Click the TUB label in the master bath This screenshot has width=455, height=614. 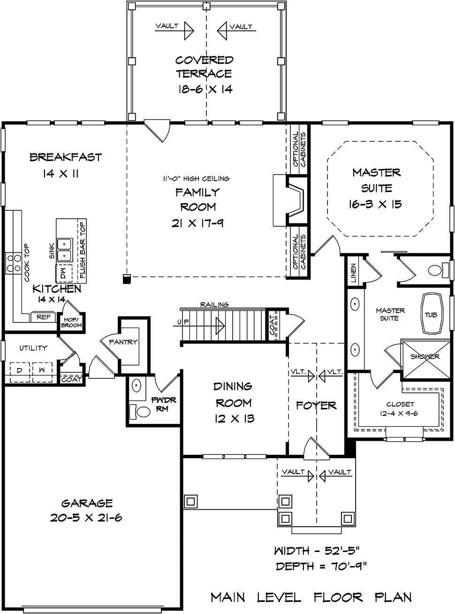click(431, 315)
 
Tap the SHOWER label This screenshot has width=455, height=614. click(425, 357)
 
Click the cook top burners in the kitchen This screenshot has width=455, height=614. click(14, 263)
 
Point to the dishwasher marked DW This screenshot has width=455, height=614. click(64, 274)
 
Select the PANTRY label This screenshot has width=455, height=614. click(123, 342)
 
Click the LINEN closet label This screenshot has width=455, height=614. click(354, 272)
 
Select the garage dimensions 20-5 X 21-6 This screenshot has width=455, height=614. click(86, 518)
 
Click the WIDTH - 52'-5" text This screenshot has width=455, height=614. click(316, 551)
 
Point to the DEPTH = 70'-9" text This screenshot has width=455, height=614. click(321, 567)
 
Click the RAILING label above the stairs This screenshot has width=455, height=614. click(215, 305)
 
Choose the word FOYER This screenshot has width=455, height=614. click(316, 406)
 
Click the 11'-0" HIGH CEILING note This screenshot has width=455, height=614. click(196, 178)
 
